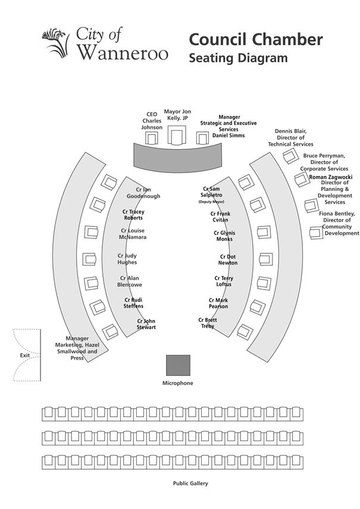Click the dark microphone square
point(178,365)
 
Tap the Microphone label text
point(178,384)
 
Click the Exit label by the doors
point(24,355)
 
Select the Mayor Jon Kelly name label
point(177,115)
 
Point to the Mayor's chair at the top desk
point(176,136)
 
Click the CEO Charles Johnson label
point(152,120)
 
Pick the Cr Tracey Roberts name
point(133,215)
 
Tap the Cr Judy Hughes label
point(127,259)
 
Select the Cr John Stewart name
point(146,324)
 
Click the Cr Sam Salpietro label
point(212,192)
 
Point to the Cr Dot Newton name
point(228,259)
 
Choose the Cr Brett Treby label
point(208,323)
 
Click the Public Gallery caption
point(190,483)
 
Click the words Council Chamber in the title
point(256,40)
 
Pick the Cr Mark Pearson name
point(218,303)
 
